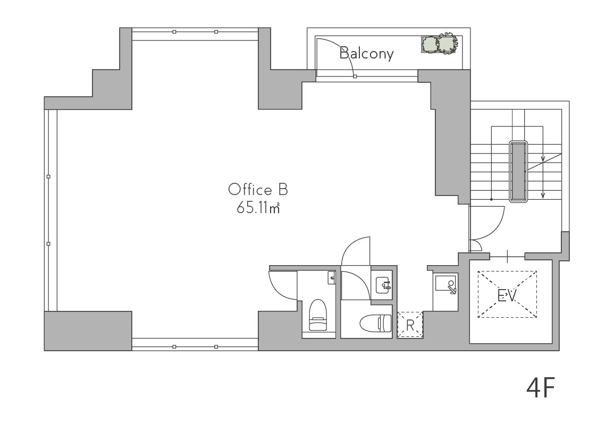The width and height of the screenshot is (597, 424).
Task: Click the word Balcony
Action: [x=366, y=53]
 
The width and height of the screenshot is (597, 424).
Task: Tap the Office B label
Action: [x=258, y=190]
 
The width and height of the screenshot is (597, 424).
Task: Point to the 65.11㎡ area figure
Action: [x=258, y=208]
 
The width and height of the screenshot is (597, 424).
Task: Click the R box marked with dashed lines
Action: [x=410, y=325]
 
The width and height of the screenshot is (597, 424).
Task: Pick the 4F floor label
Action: [x=540, y=387]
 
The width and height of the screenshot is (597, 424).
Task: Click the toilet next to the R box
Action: [x=376, y=323]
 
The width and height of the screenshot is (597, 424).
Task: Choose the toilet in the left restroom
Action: [x=318, y=315]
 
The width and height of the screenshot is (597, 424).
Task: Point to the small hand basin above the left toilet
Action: [x=331, y=278]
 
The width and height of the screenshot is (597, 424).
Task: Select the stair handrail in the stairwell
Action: [x=518, y=171]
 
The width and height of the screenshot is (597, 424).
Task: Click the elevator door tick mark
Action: [x=508, y=256]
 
